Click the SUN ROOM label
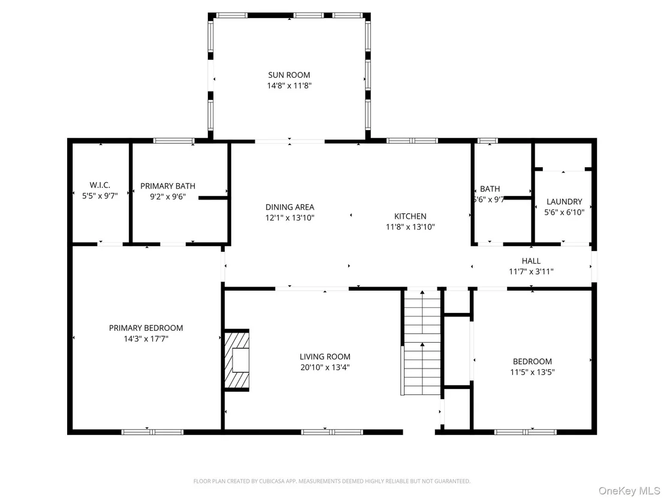(x=289, y=75)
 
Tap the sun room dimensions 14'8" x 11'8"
(x=289, y=86)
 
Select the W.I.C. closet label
(x=100, y=185)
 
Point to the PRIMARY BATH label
(x=168, y=186)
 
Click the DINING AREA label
(x=289, y=207)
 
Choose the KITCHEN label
(x=410, y=216)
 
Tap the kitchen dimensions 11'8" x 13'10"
(x=410, y=227)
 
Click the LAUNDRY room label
(x=564, y=201)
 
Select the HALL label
(x=531, y=261)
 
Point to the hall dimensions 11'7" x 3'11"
(x=531, y=271)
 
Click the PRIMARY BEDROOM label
(x=146, y=328)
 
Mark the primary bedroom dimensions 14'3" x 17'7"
(x=146, y=339)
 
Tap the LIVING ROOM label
(x=325, y=357)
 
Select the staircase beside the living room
(x=422, y=342)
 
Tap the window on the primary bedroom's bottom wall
(x=152, y=432)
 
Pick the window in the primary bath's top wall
(x=174, y=141)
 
